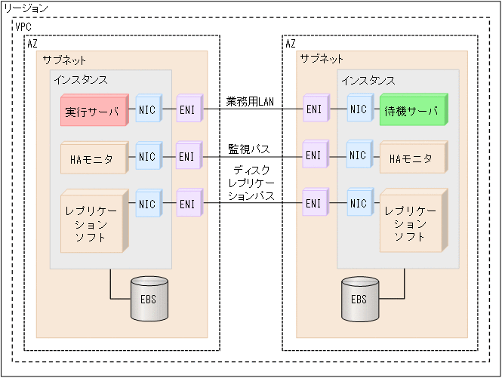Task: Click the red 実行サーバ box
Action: tap(91, 112)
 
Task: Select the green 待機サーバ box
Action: tap(412, 110)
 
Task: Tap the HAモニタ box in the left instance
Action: tap(91, 158)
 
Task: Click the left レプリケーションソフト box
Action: tap(91, 220)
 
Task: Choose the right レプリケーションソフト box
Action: tap(412, 220)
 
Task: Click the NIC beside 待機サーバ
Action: tap(359, 109)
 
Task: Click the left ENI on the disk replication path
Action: tap(188, 204)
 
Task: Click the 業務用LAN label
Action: tap(250, 102)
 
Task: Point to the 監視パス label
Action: tap(250, 149)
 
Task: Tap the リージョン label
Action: tap(26, 8)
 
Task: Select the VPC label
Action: tap(24, 26)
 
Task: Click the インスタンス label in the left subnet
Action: tap(81, 79)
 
